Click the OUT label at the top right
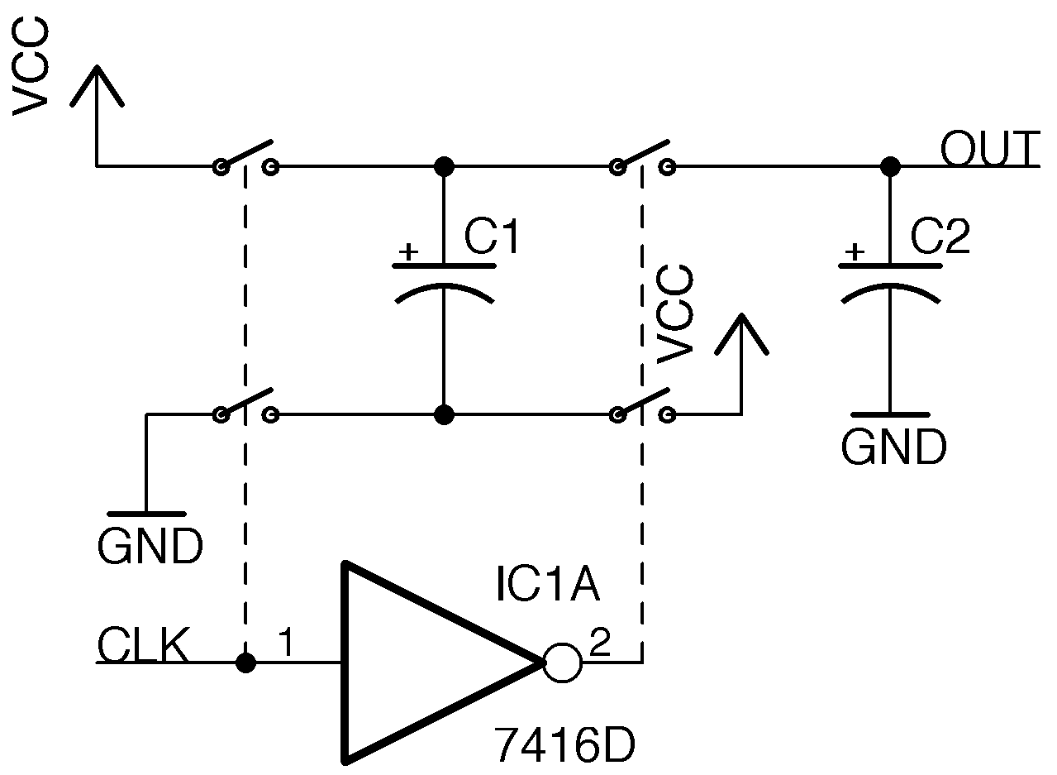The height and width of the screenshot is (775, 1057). [989, 150]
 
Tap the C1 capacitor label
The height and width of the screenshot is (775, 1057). [493, 237]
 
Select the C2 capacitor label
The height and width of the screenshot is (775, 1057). [940, 237]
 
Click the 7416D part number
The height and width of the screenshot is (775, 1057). [564, 746]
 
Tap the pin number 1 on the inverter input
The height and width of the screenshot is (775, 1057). [286, 643]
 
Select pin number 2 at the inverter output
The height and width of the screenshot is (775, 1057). [599, 643]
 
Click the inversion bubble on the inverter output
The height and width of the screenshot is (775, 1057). [563, 663]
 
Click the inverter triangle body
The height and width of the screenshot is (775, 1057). [413, 662]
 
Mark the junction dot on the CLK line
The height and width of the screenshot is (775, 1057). [245, 663]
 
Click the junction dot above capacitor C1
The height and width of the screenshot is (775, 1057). [445, 166]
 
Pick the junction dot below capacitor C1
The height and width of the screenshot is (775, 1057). [445, 414]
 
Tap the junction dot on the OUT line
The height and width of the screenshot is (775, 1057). [890, 166]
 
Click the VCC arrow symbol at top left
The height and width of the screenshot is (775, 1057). [97, 87]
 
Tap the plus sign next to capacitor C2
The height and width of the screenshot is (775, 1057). [857, 251]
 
